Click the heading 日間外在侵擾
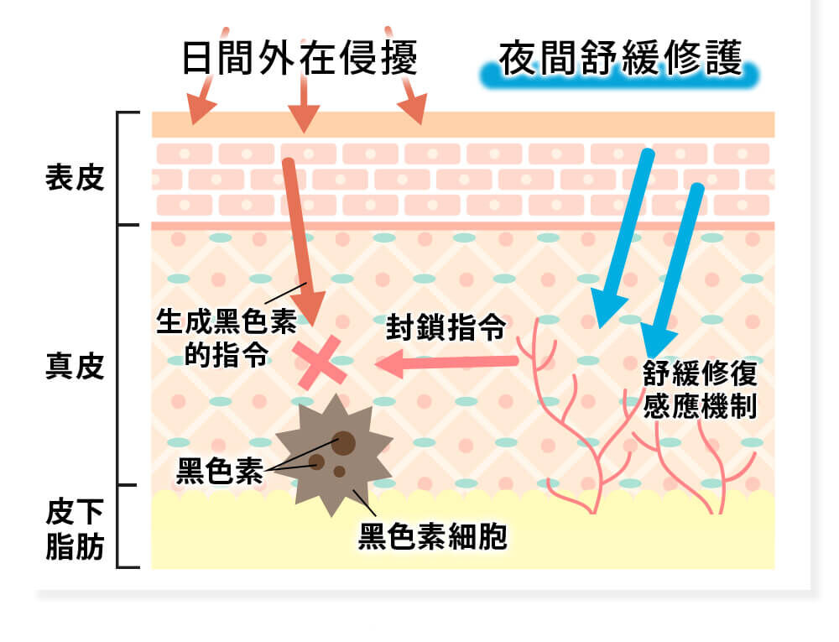pos(300,58)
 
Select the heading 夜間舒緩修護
pos(620,58)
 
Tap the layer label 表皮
pos(75,177)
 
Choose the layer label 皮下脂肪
pos(75,529)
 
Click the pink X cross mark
pos(320,363)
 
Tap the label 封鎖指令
pos(446,326)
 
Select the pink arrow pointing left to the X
pos(446,363)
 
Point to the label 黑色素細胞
pos(432,536)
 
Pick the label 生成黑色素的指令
pos(227,337)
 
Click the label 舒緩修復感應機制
pos(700,389)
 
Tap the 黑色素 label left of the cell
pos(220,472)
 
